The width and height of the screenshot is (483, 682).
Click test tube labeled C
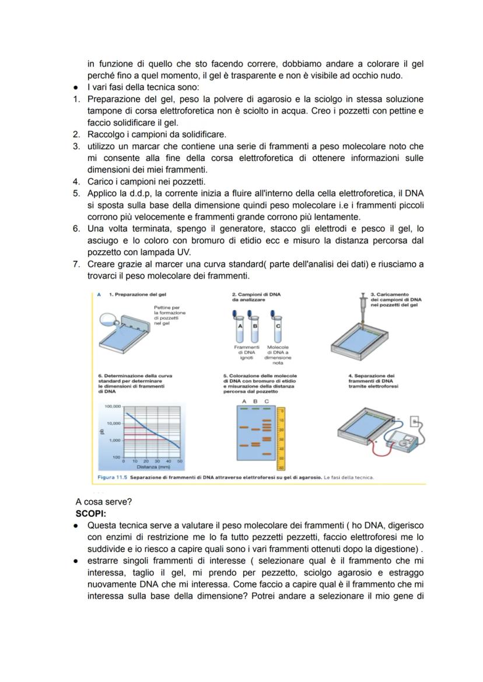[278, 328]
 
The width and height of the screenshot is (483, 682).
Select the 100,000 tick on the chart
[113, 405]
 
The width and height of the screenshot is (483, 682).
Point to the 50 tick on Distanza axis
[180, 461]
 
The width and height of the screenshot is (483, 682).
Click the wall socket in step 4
[415, 420]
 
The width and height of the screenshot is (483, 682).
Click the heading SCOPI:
[90, 514]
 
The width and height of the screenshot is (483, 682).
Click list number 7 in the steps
[76, 264]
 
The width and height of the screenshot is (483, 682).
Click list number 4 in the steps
[76, 181]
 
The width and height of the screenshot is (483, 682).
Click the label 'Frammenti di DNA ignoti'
[246, 354]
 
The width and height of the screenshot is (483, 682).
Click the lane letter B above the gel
[255, 401]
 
